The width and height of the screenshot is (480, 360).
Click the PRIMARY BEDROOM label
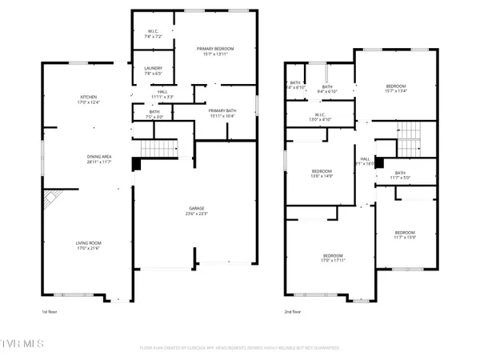pos(214,49)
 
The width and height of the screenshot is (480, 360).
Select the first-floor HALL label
pos(162,93)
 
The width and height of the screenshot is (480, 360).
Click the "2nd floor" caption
pos(293,312)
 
